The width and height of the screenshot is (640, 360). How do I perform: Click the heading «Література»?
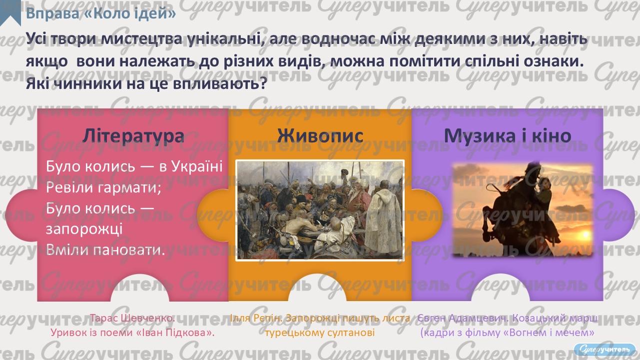(133, 135)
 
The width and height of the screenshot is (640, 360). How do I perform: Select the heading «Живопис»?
(320, 135)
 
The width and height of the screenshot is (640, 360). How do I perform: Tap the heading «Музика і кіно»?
(507, 135)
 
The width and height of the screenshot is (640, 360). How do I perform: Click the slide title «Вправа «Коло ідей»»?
(101, 13)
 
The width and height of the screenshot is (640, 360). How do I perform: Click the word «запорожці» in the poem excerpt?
(84, 229)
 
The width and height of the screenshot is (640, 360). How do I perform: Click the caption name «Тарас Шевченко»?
(132, 318)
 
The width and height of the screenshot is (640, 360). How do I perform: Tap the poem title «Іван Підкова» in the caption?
(175, 332)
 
